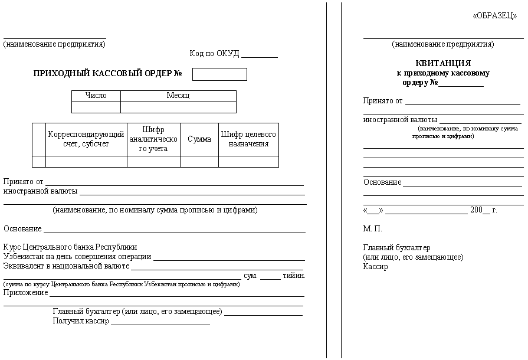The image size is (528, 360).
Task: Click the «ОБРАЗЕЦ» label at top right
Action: [x=494, y=17]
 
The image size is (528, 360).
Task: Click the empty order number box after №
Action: [x=219, y=74]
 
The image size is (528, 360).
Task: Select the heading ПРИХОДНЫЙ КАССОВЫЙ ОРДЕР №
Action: [x=107, y=74]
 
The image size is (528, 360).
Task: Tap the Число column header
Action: [x=96, y=96]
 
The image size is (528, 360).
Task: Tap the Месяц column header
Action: [x=178, y=96]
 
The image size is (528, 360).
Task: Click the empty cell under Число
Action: [x=96, y=107]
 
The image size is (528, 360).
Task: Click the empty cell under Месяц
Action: [x=178, y=107]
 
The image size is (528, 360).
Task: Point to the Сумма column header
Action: [x=199, y=139]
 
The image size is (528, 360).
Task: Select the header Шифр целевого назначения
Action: [x=248, y=139]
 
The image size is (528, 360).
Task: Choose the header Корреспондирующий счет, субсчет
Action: [x=86, y=139]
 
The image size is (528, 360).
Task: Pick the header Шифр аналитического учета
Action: [x=153, y=139]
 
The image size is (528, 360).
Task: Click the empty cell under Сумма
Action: [x=199, y=162]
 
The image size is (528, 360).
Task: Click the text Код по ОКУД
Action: [x=214, y=54]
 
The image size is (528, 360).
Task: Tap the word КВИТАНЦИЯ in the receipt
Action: [x=443, y=63]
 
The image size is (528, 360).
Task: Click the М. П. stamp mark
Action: [x=373, y=228]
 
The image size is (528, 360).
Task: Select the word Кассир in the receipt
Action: [x=376, y=267]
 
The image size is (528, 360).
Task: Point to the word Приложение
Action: [x=26, y=293]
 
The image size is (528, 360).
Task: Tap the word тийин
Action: [x=294, y=276]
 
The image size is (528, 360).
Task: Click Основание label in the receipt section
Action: [x=382, y=182]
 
